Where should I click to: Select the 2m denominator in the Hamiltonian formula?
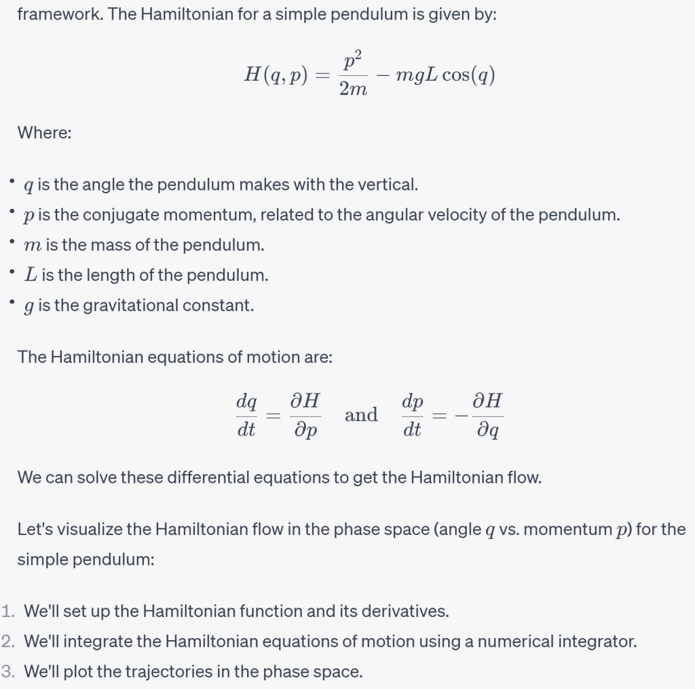[352, 89]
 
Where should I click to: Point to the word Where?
[44, 132]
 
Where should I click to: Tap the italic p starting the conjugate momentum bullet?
[29, 216]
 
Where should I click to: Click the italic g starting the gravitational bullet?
[29, 307]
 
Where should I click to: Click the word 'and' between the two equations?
[361, 414]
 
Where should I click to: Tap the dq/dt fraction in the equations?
[246, 415]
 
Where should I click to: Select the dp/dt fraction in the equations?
[412, 415]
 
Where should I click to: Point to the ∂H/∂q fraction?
[486, 415]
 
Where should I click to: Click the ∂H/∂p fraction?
[305, 415]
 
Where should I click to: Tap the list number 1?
[8, 611]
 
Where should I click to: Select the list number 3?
[8, 671]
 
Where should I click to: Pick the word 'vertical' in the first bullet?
[388, 184]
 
